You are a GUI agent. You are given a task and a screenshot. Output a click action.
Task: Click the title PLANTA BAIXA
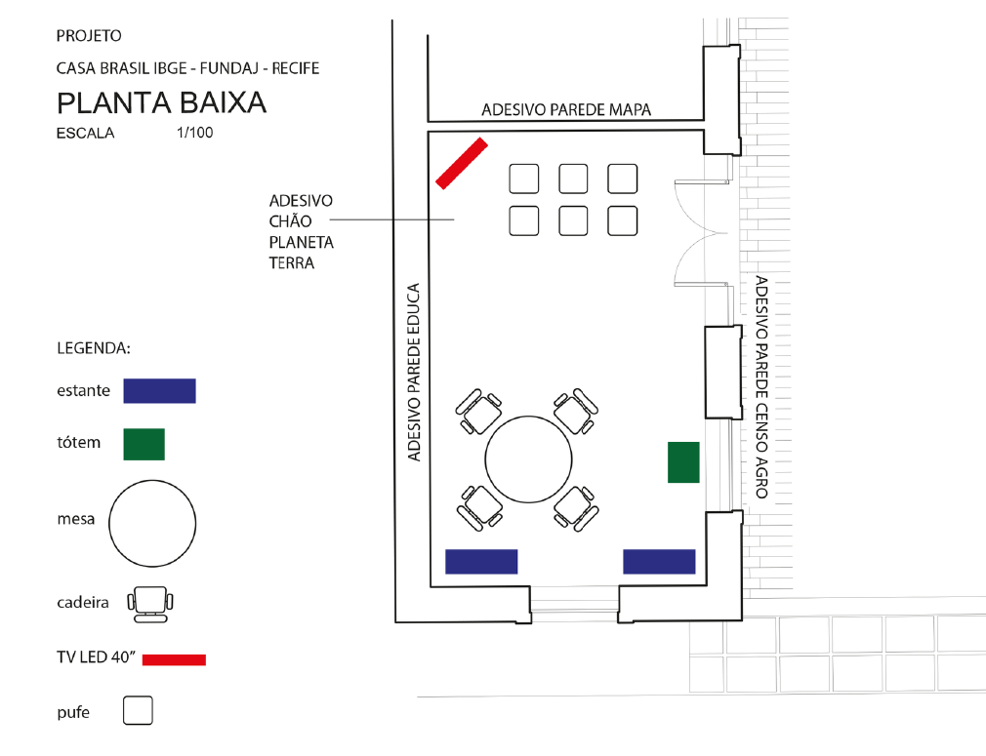(161, 102)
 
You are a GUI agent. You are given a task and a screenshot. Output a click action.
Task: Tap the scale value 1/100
(195, 133)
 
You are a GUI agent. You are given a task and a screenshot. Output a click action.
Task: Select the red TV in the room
(461, 162)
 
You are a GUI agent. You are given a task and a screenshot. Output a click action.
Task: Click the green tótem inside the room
(683, 461)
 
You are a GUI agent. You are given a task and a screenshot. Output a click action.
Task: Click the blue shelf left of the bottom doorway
(481, 561)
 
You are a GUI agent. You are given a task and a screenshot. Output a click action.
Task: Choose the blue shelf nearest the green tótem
(659, 561)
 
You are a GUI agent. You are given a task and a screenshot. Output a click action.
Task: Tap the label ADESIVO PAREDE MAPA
(566, 109)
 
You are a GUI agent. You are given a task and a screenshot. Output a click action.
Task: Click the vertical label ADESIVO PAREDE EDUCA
(414, 372)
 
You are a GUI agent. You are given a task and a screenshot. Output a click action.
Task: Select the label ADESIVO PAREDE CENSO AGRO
(761, 387)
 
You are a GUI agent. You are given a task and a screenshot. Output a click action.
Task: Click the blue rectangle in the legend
(159, 390)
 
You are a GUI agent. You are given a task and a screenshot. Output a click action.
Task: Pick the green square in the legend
(144, 443)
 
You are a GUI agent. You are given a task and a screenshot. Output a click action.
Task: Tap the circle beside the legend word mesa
(150, 522)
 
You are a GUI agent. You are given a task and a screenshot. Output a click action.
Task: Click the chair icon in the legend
(150, 604)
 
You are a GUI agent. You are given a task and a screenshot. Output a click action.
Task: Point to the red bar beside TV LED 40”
(174, 659)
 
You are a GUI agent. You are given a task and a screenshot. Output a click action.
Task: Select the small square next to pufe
(139, 710)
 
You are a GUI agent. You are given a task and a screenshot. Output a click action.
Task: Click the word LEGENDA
(94, 347)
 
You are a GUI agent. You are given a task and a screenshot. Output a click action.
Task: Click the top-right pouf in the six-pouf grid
(622, 179)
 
